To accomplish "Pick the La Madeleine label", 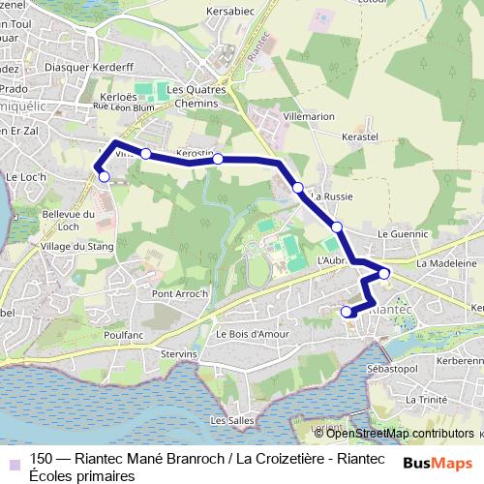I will coord(446,263).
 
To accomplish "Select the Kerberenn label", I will coord(459,359).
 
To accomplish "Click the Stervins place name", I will coord(178,354).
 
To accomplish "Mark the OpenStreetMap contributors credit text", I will coord(400,433).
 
